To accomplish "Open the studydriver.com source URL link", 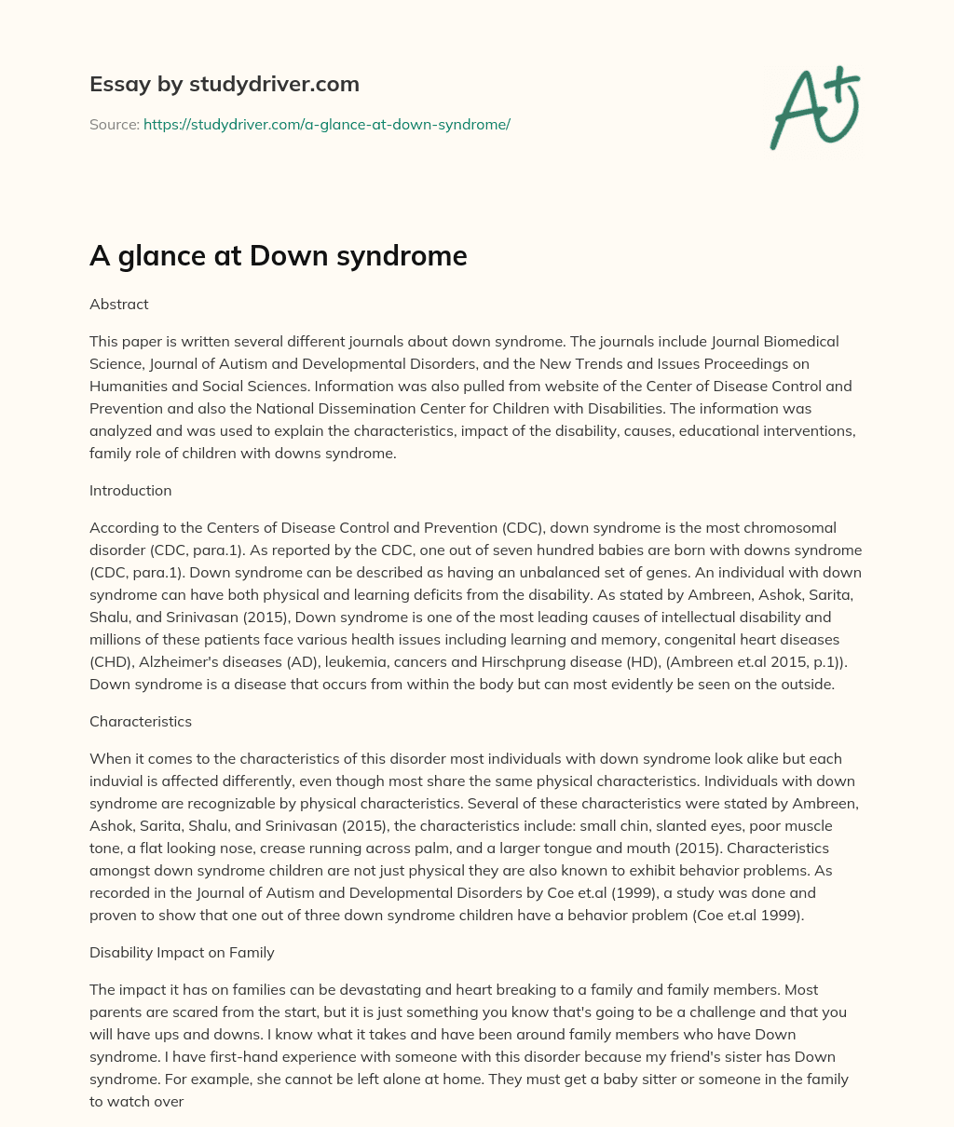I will click(326, 124).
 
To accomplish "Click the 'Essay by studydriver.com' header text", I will click(224, 84).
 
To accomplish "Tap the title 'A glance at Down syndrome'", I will click(278, 255).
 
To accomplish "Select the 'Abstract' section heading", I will click(118, 304).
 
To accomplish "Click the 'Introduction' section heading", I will click(130, 490).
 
